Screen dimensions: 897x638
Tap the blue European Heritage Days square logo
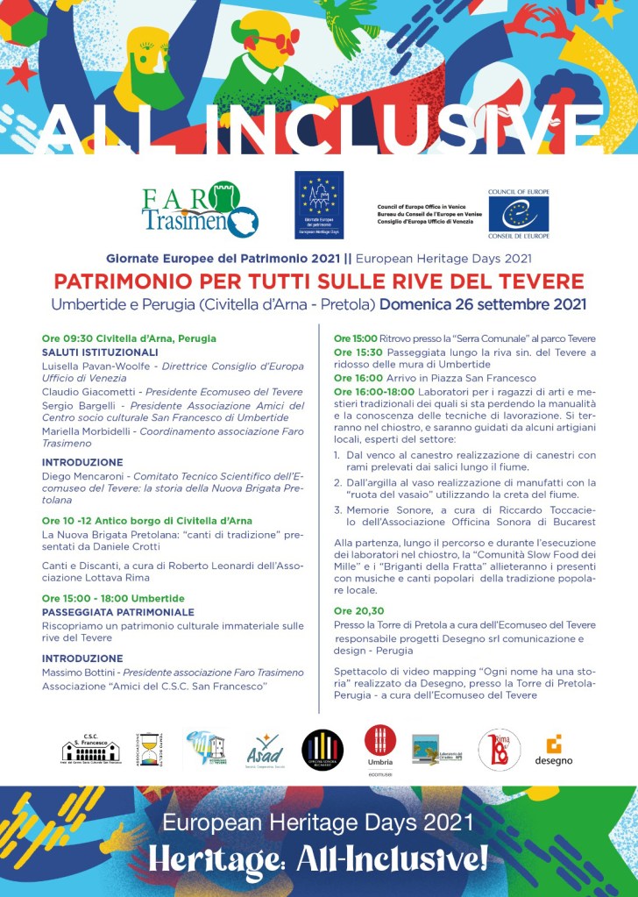click(x=319, y=205)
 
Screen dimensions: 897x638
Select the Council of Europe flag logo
click(x=519, y=213)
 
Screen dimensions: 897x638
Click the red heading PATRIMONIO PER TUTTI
click(x=319, y=281)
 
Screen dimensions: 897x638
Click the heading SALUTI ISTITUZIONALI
click(x=100, y=352)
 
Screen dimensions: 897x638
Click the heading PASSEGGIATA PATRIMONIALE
click(x=117, y=612)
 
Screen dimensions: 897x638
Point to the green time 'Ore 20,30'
click(x=358, y=610)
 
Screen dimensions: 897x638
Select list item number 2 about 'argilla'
click(x=464, y=488)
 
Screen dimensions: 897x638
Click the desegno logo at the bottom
click(x=553, y=751)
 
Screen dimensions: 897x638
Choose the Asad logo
click(x=265, y=751)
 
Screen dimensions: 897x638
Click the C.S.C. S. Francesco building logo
click(x=90, y=750)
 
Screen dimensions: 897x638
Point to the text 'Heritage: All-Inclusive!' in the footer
click(x=318, y=858)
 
